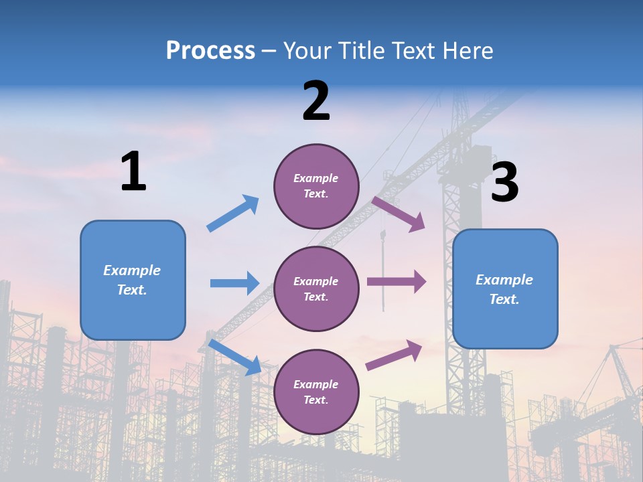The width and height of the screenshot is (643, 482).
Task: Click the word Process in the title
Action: tap(210, 51)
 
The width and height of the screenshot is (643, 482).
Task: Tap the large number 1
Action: tap(133, 172)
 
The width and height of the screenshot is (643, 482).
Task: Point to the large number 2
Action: tap(316, 101)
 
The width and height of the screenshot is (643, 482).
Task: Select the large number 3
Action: tap(504, 183)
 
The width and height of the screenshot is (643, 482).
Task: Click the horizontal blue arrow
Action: tap(234, 283)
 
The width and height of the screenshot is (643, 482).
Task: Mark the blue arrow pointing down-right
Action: tap(235, 357)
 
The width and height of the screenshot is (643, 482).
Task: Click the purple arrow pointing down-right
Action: tap(399, 214)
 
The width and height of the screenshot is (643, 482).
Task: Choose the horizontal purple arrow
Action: tap(397, 282)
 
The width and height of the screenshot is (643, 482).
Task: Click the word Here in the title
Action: tap(468, 51)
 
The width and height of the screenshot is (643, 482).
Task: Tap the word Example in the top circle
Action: tap(316, 179)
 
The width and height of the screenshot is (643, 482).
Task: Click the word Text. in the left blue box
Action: tap(132, 290)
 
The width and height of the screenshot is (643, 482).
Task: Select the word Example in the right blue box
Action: tap(504, 280)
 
